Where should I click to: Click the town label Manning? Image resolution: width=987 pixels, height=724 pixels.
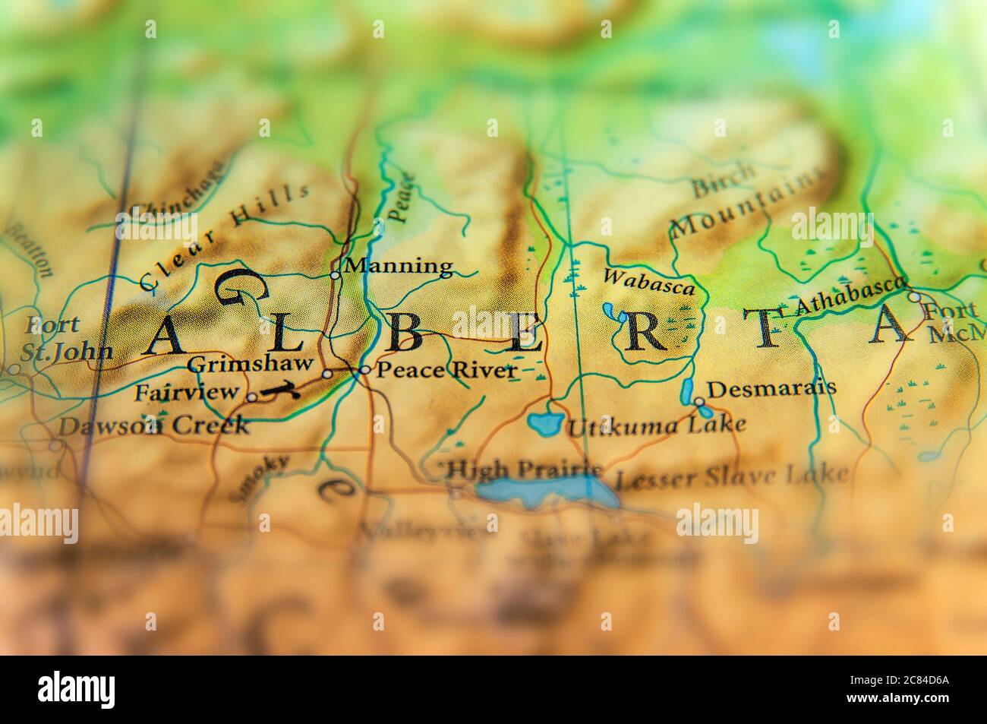point(398,267)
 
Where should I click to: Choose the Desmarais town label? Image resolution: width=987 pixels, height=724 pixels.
point(771,387)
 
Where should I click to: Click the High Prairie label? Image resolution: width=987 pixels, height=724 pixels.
point(524,470)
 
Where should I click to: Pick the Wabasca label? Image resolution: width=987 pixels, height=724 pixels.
point(648,282)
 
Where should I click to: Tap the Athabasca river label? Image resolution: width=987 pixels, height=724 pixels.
point(850,298)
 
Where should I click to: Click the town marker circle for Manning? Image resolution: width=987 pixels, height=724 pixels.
point(335,275)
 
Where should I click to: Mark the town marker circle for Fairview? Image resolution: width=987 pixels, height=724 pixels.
point(251,397)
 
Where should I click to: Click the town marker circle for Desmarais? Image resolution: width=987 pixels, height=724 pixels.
point(698,400)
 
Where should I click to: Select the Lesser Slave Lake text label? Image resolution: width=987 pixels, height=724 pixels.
point(730,476)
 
